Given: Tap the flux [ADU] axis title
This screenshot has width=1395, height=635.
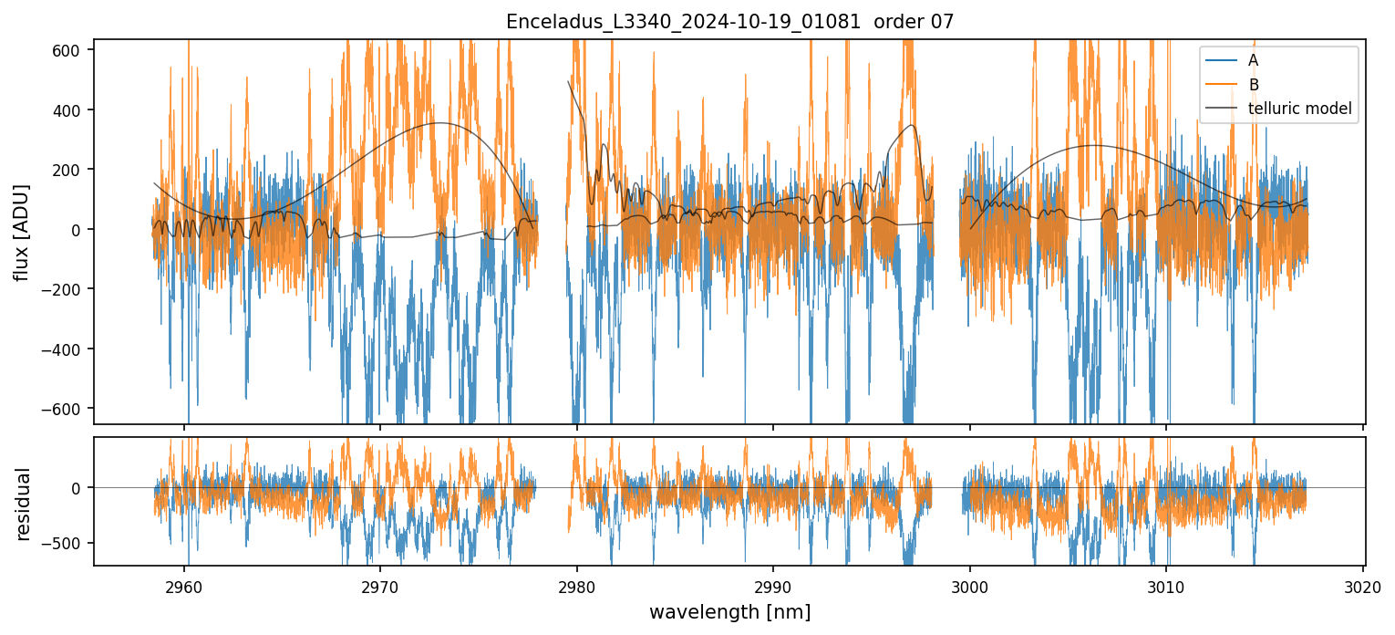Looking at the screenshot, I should [21, 232].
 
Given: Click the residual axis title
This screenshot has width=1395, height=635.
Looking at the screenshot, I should [21, 504].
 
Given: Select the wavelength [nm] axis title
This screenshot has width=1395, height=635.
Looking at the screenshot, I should [729, 611].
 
